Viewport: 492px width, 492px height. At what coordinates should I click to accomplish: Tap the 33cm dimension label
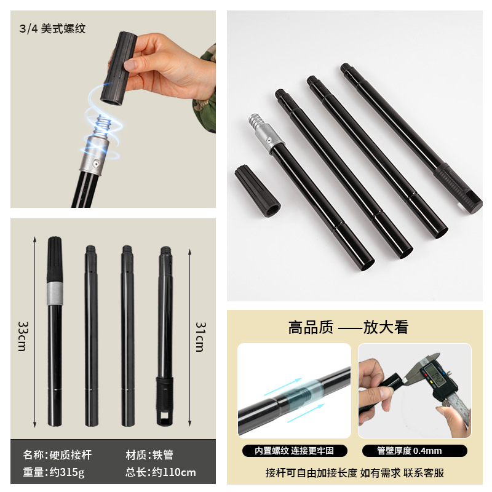pos(23,336)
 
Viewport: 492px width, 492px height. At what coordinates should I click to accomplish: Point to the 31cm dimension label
pos(199,336)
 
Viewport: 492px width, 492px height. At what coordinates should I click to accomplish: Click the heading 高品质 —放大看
pos(348,327)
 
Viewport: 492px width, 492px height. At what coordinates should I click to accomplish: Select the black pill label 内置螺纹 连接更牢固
pos(294,451)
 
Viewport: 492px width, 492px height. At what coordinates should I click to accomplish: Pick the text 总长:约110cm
pos(161,472)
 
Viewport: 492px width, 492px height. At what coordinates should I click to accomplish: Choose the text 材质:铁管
pos(149,455)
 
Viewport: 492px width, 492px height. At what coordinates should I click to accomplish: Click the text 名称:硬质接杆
pos(57,455)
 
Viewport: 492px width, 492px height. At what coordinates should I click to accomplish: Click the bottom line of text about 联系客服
pos(354,472)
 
